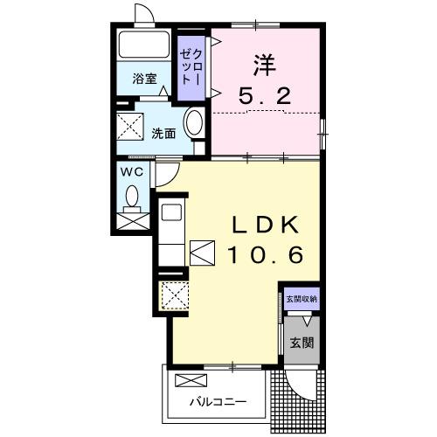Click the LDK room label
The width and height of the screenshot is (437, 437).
267,225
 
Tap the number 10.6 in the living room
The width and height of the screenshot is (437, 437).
267,255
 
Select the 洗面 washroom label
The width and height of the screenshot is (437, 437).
163,134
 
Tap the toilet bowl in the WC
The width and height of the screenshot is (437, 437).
133,198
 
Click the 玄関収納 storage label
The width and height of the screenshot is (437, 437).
302,300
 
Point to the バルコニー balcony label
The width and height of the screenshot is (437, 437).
218,403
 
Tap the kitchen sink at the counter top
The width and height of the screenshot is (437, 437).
170,212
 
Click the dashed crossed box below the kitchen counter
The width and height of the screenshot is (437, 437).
172,295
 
